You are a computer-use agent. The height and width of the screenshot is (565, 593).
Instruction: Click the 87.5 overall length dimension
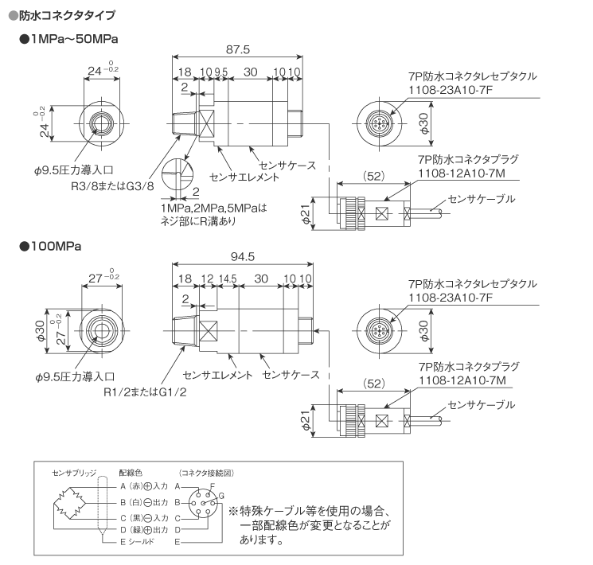(237, 49)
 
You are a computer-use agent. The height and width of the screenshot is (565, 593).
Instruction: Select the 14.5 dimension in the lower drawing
(227, 279)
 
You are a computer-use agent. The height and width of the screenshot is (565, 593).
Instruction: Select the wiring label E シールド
(137, 541)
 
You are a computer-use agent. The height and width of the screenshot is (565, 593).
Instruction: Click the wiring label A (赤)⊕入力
(142, 485)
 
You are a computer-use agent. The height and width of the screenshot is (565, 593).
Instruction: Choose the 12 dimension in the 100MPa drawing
(207, 279)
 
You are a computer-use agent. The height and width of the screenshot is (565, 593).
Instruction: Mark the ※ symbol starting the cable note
(234, 511)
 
